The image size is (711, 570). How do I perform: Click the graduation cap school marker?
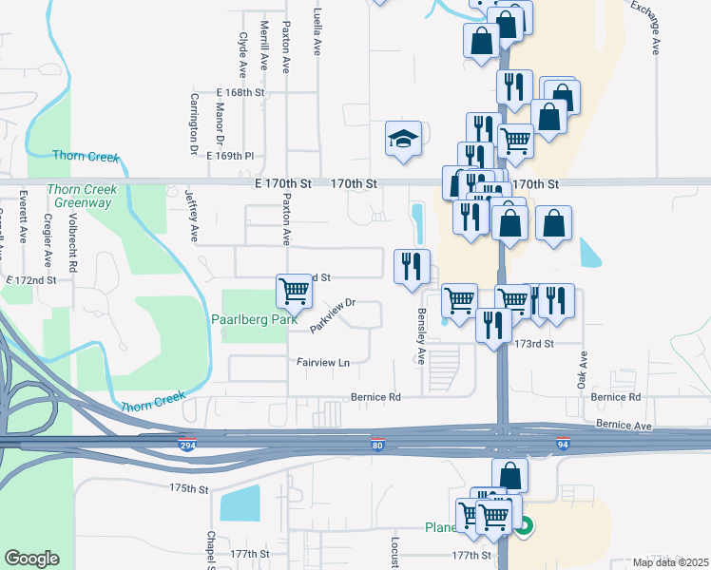pos(403,139)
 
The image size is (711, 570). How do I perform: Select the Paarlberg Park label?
pos(251,320)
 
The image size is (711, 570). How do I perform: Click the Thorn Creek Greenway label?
pos(86,196)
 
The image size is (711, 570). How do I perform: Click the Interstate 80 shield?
pos(377,445)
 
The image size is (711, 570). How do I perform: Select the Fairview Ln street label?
pos(323,362)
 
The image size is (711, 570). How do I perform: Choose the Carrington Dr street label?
pos(193,123)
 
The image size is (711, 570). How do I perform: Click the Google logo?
pos(31,559)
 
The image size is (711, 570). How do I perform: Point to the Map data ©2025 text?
pos(670,562)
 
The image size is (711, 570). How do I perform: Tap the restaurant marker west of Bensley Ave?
pos(412,265)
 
